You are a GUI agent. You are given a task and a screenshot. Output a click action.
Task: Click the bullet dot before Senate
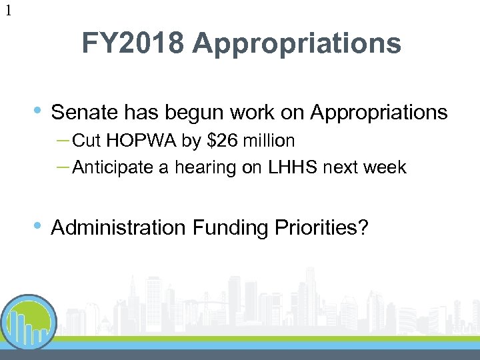point(38,111)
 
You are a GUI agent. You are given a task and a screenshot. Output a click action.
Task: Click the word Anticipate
point(112,167)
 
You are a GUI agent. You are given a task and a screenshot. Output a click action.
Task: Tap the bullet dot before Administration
point(38,226)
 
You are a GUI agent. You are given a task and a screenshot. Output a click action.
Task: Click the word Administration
point(119,227)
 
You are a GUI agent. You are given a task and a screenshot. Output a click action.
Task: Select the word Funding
point(231,228)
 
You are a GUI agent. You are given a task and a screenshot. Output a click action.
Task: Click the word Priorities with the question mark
point(321,228)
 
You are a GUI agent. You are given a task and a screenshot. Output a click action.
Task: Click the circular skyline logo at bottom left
point(29,323)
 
